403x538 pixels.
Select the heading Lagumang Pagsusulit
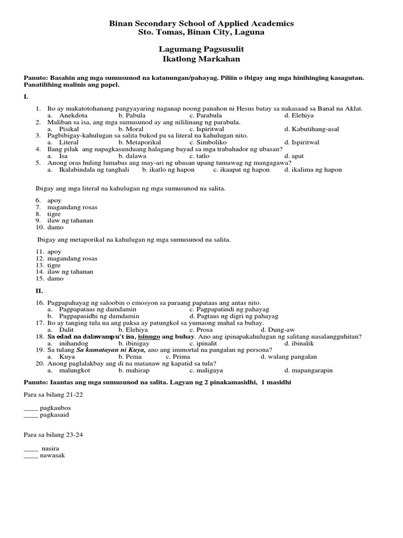[x=201, y=49]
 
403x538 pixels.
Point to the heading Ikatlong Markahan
[x=201, y=58]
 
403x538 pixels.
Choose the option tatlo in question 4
[x=202, y=156]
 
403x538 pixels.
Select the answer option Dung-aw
[x=278, y=329]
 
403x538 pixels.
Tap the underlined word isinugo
[x=150, y=336]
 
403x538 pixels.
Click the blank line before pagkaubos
[x=31, y=408]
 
